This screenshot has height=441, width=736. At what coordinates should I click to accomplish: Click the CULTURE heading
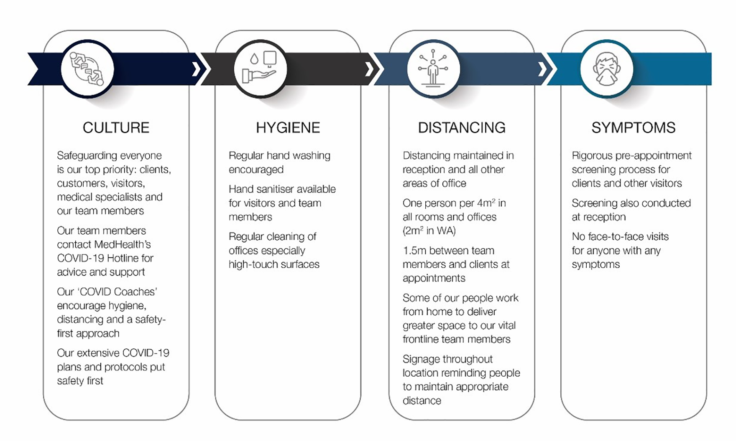[116, 127]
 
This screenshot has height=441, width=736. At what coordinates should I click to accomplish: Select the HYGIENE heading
[288, 127]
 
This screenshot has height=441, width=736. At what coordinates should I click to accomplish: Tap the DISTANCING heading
[462, 127]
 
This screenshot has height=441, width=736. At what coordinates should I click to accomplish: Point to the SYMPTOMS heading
[633, 127]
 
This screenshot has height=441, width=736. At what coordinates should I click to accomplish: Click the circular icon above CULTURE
[87, 69]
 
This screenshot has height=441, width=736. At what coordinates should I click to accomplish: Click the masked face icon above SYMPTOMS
[607, 69]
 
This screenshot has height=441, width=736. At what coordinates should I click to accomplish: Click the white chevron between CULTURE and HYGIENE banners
[197, 69]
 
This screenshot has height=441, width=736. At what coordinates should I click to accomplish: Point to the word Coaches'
[135, 291]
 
